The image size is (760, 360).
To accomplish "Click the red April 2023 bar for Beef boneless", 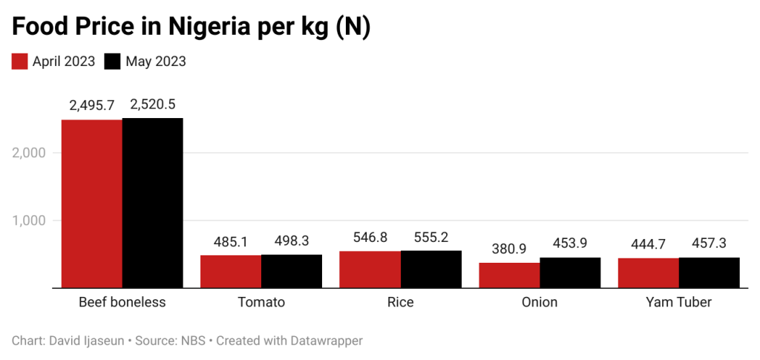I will (x=91, y=203).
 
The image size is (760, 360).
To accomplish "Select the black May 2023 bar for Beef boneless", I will (x=152, y=203).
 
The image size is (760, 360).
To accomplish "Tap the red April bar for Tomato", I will (x=230, y=272).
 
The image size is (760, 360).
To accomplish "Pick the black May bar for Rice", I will (x=431, y=269).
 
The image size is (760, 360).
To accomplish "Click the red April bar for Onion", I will (x=509, y=275).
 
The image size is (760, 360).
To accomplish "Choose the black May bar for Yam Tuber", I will (x=710, y=272).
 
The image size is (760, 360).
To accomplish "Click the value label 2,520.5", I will (x=152, y=105).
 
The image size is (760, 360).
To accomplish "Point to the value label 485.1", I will (x=230, y=241).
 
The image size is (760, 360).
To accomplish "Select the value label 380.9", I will (x=509, y=249).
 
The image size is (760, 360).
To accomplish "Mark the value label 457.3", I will (x=710, y=244).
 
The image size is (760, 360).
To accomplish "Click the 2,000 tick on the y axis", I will (x=30, y=153).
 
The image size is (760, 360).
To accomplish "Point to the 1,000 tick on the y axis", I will (x=30, y=220).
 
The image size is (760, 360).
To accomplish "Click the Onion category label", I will (x=540, y=302).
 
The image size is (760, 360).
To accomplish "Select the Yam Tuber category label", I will (x=678, y=302).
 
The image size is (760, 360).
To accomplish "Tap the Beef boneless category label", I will (x=122, y=302).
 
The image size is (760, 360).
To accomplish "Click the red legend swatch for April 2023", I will (x=19, y=62).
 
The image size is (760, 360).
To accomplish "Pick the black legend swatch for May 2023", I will (x=112, y=62).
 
